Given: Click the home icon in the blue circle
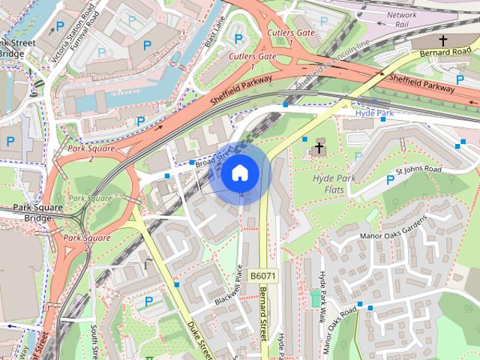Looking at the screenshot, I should [239, 173].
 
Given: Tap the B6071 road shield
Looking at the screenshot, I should [263, 276].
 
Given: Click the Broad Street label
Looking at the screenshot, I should [217, 157].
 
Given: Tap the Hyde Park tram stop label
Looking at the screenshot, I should [374, 112].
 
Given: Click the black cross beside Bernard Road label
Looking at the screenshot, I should [442, 40].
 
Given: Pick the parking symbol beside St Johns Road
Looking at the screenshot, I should [390, 179].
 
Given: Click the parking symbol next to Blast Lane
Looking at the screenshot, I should [238, 38].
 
